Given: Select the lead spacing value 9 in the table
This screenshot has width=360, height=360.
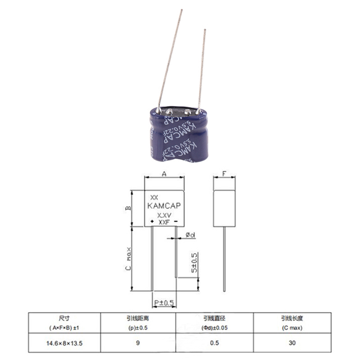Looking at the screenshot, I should (138, 343).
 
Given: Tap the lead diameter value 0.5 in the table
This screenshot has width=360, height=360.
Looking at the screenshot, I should (214, 343).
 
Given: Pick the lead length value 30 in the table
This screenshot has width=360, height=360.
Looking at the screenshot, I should (292, 343).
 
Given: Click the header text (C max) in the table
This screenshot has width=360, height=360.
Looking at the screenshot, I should (292, 328).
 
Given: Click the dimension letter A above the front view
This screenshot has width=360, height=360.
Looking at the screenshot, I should (164, 174).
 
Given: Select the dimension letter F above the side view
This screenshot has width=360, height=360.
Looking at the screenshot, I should (224, 174).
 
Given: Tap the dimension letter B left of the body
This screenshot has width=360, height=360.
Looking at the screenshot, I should (129, 208).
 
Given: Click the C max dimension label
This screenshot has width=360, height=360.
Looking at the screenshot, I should (129, 259).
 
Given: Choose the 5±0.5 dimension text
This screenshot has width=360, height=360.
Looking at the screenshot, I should (194, 263).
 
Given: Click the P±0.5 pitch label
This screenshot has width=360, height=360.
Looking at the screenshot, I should (164, 303).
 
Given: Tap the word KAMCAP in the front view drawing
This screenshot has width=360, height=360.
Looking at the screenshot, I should (164, 206).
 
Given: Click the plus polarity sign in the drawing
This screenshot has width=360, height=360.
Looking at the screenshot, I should (152, 222).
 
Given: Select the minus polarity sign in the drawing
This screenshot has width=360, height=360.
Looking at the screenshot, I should (176, 222).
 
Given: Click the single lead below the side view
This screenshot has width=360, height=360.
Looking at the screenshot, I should (224, 259).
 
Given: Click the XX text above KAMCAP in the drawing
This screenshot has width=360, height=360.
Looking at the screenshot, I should (154, 198).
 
